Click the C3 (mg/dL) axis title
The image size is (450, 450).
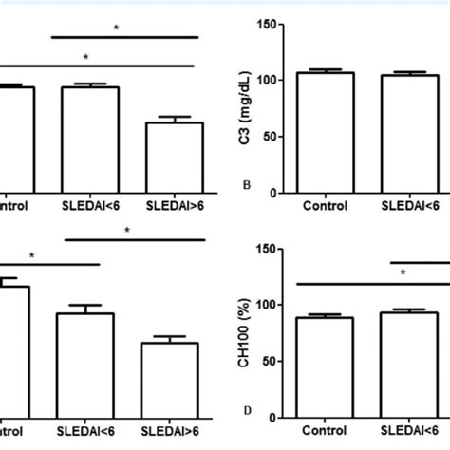click(249, 108)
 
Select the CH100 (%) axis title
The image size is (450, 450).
click(249, 332)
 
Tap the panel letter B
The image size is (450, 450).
click(248, 185)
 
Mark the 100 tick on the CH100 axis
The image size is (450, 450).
click(272, 305)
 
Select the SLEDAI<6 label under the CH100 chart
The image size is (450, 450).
click(410, 430)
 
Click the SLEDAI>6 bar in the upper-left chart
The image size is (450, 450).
click(175, 158)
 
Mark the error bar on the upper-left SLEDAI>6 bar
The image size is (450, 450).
click(175, 119)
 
